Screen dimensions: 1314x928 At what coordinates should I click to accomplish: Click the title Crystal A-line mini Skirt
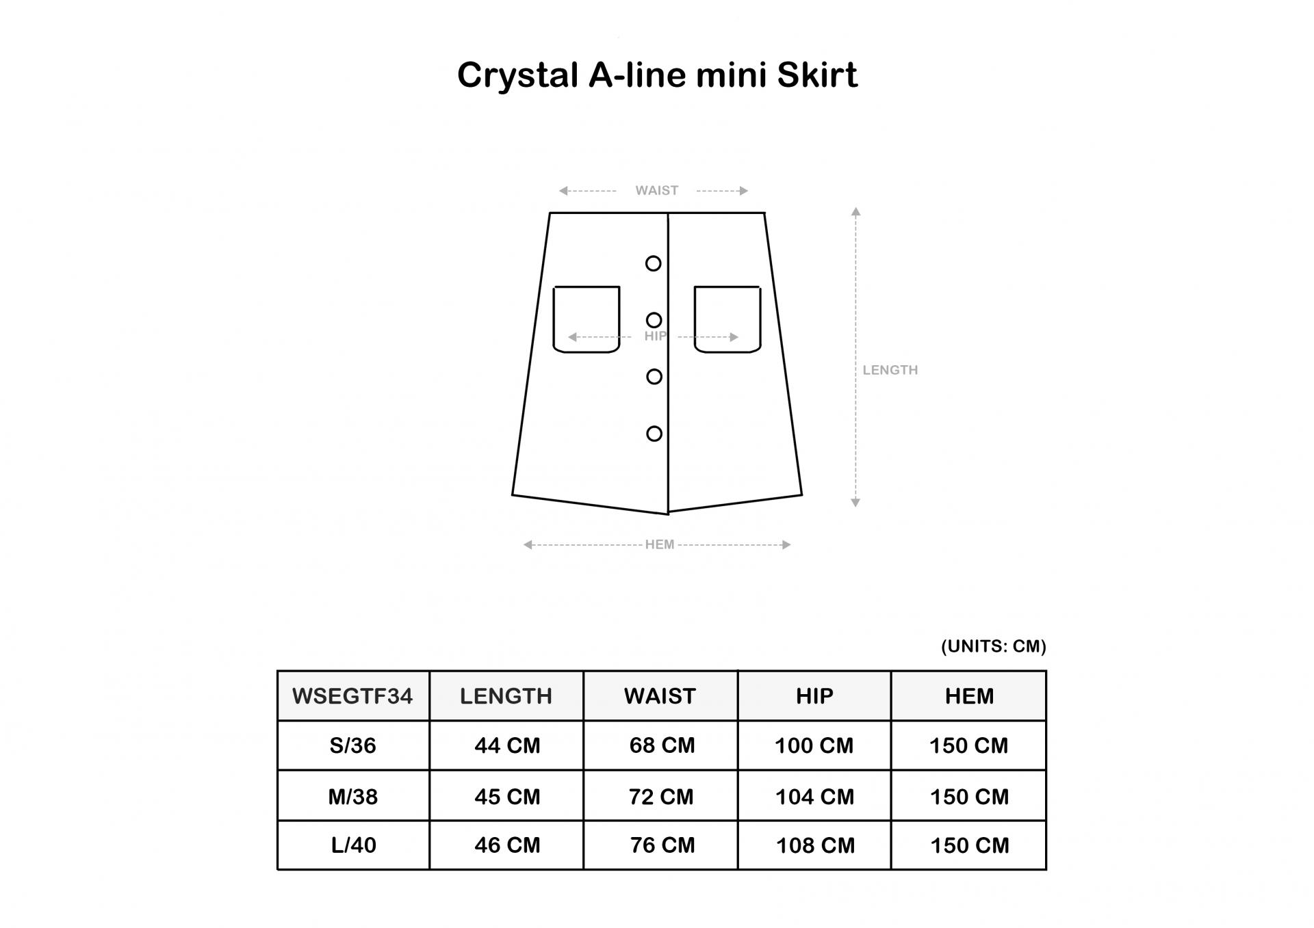pos(657,75)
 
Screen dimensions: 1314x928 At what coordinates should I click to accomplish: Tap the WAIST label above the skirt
pos(656,190)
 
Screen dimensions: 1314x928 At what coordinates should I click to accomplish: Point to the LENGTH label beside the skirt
pos(890,370)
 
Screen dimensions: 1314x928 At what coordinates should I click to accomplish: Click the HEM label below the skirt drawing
pos(660,544)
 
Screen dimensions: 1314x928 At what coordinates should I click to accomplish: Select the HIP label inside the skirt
pos(655,336)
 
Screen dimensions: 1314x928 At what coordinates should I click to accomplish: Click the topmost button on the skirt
pos(654,263)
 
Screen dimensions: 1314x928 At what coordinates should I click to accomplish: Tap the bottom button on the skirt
pos(654,434)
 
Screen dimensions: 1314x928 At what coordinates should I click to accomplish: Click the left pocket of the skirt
pos(587,319)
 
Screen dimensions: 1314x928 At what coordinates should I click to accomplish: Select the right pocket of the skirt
pos(727,319)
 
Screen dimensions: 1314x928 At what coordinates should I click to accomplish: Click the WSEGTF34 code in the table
pos(352,696)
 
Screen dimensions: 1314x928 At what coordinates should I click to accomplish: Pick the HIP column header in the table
pos(814,696)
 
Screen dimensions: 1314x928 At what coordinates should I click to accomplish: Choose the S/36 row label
pos(352,745)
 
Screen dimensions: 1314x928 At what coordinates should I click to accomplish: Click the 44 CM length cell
pos(507,745)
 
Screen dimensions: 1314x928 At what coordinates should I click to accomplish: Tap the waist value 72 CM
pos(661,797)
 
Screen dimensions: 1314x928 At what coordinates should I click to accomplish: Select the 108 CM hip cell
pos(815,846)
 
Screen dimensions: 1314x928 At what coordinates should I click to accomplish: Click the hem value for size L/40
pos(969,846)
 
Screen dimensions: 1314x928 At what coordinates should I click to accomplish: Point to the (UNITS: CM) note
pos(994,646)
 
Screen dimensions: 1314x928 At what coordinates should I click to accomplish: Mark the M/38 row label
pos(352,797)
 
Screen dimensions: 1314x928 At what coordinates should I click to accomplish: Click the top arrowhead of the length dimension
pos(855,211)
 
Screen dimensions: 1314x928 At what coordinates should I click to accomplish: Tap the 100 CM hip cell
pos(814,745)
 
